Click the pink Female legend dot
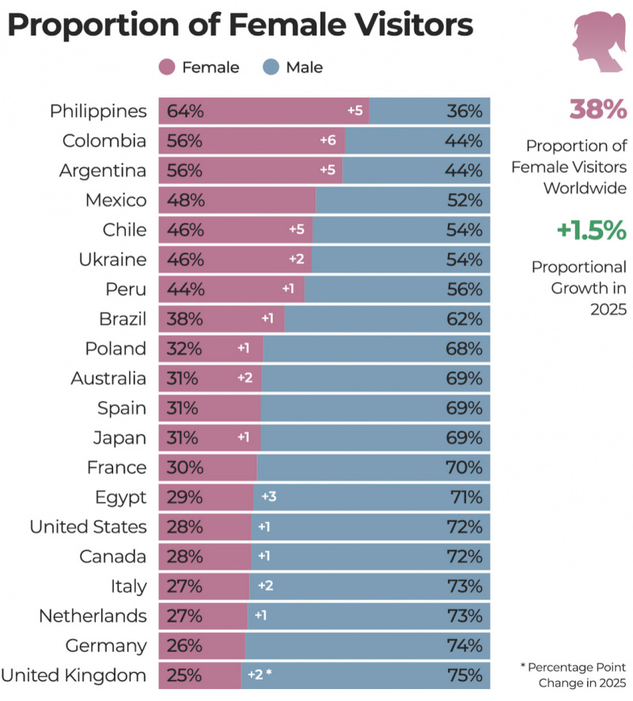pos(167,67)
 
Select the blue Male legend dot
pos(271,67)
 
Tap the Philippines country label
pos(98,111)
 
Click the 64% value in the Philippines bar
pos(185,111)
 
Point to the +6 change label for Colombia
pos(328,141)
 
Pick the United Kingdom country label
pos(74,676)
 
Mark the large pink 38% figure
pos(597,110)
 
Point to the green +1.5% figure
pos(591,230)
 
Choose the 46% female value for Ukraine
pos(185,260)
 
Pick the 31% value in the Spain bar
pos(183,408)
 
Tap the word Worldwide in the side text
pos(584,188)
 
